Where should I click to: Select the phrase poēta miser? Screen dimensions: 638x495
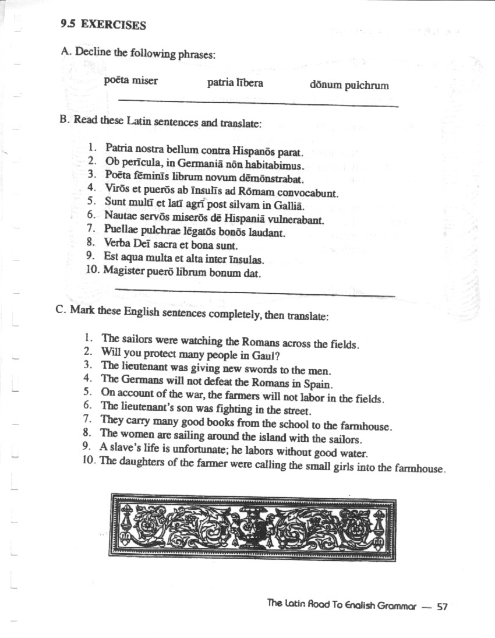point(130,80)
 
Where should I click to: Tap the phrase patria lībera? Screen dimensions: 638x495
point(235,83)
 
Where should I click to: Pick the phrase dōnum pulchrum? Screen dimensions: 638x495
point(349,86)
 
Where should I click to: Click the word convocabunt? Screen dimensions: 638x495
point(309,192)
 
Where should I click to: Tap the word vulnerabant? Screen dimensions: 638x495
point(296,220)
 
